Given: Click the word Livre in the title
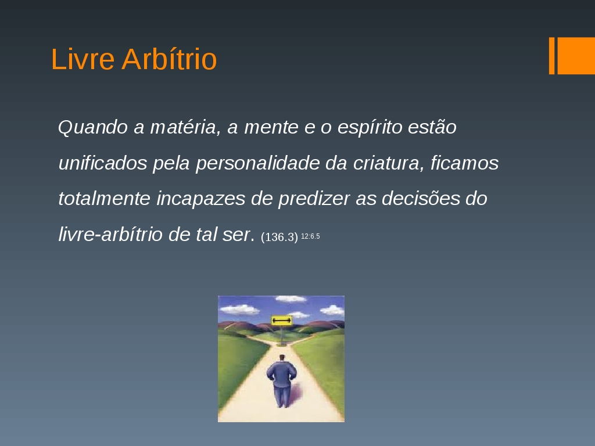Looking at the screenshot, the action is [x=83, y=59].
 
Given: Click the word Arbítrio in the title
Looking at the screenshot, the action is [x=169, y=59].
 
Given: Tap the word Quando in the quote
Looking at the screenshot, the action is [x=93, y=127].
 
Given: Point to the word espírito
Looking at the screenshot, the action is [x=370, y=127].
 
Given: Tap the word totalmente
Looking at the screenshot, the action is [x=105, y=199].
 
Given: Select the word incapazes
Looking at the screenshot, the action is [x=200, y=199].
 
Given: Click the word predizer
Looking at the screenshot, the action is [x=314, y=199].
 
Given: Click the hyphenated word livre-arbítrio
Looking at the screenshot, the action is [x=110, y=235].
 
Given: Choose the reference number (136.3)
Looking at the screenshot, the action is [x=279, y=237].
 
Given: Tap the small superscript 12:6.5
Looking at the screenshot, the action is [x=310, y=236].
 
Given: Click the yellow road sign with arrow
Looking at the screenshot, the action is [x=282, y=321].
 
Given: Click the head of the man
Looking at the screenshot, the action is [x=282, y=358].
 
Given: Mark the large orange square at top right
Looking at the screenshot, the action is [x=576, y=56].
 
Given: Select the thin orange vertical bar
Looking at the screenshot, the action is [x=552, y=56].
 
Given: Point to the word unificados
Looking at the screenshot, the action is [x=102, y=163].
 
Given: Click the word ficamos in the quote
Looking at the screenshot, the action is [x=464, y=163].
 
